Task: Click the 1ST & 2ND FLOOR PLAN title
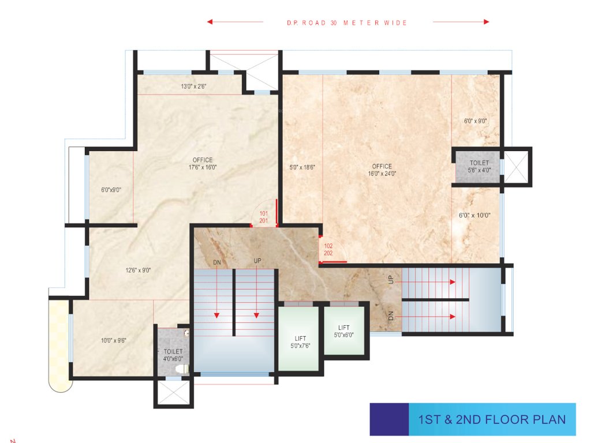coord(488,419)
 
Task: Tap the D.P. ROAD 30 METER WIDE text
coord(347,23)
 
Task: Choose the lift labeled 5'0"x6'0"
coord(343,331)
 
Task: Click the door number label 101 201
coord(263,217)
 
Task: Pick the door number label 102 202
coord(328,249)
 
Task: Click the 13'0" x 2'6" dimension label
coord(193,87)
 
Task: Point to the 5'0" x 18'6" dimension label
coord(302,167)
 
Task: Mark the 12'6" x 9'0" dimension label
coord(139,270)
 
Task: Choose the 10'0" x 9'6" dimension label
coord(113,340)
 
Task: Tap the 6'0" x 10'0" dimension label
coord(474,215)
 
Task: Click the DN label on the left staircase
coord(217,262)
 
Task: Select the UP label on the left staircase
coord(257,261)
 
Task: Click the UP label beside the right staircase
coord(391,279)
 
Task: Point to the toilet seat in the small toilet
coord(181,368)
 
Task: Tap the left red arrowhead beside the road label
coord(210,22)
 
